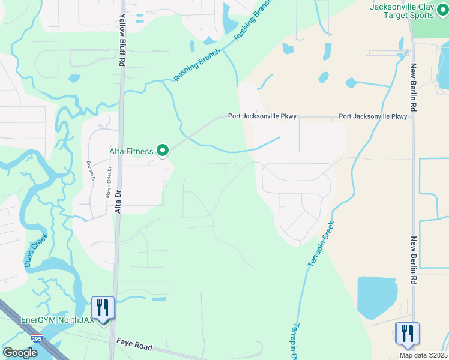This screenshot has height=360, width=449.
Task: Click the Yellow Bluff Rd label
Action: click(x=122, y=41)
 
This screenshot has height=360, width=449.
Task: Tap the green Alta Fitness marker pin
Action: click(x=162, y=151)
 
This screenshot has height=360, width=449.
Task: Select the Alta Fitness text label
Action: click(x=131, y=152)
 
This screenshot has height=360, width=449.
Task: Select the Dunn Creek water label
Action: click(x=35, y=251)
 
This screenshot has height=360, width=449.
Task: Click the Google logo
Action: click(x=20, y=353)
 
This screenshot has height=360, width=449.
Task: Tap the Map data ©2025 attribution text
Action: click(x=423, y=355)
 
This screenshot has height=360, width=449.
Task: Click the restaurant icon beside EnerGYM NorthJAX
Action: click(x=103, y=308)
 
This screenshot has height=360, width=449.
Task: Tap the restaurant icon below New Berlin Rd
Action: click(x=408, y=334)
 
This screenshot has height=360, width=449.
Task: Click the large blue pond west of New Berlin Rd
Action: click(x=377, y=297)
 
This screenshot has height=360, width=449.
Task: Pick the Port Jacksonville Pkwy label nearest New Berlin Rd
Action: click(x=373, y=116)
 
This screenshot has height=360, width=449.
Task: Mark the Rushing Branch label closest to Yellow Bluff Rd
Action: click(x=197, y=65)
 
